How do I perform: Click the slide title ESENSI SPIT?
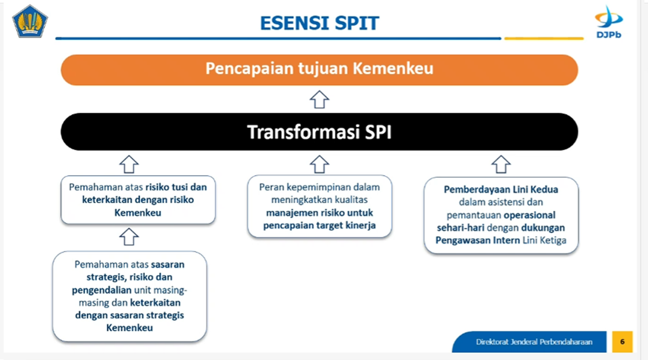point(319,23)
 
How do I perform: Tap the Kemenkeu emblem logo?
point(30,22)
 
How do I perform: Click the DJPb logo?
point(609,22)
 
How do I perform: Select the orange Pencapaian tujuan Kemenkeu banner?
point(319,70)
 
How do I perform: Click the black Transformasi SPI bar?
point(319,131)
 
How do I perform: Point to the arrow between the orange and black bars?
point(319,99)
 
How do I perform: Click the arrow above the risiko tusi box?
point(129,164)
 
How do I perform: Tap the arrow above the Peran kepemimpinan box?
point(319,164)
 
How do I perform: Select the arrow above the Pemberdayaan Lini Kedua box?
point(501,164)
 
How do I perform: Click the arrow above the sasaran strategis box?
point(129,237)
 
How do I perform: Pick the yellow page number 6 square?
point(622,342)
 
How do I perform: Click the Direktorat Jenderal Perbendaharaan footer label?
point(534,342)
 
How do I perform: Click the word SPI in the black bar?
point(378,133)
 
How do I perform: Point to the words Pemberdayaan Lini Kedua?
point(501,189)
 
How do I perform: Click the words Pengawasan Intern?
point(477,240)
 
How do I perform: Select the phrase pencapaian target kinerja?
point(319,226)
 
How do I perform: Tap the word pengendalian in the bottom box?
point(101,290)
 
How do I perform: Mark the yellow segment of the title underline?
point(544,39)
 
